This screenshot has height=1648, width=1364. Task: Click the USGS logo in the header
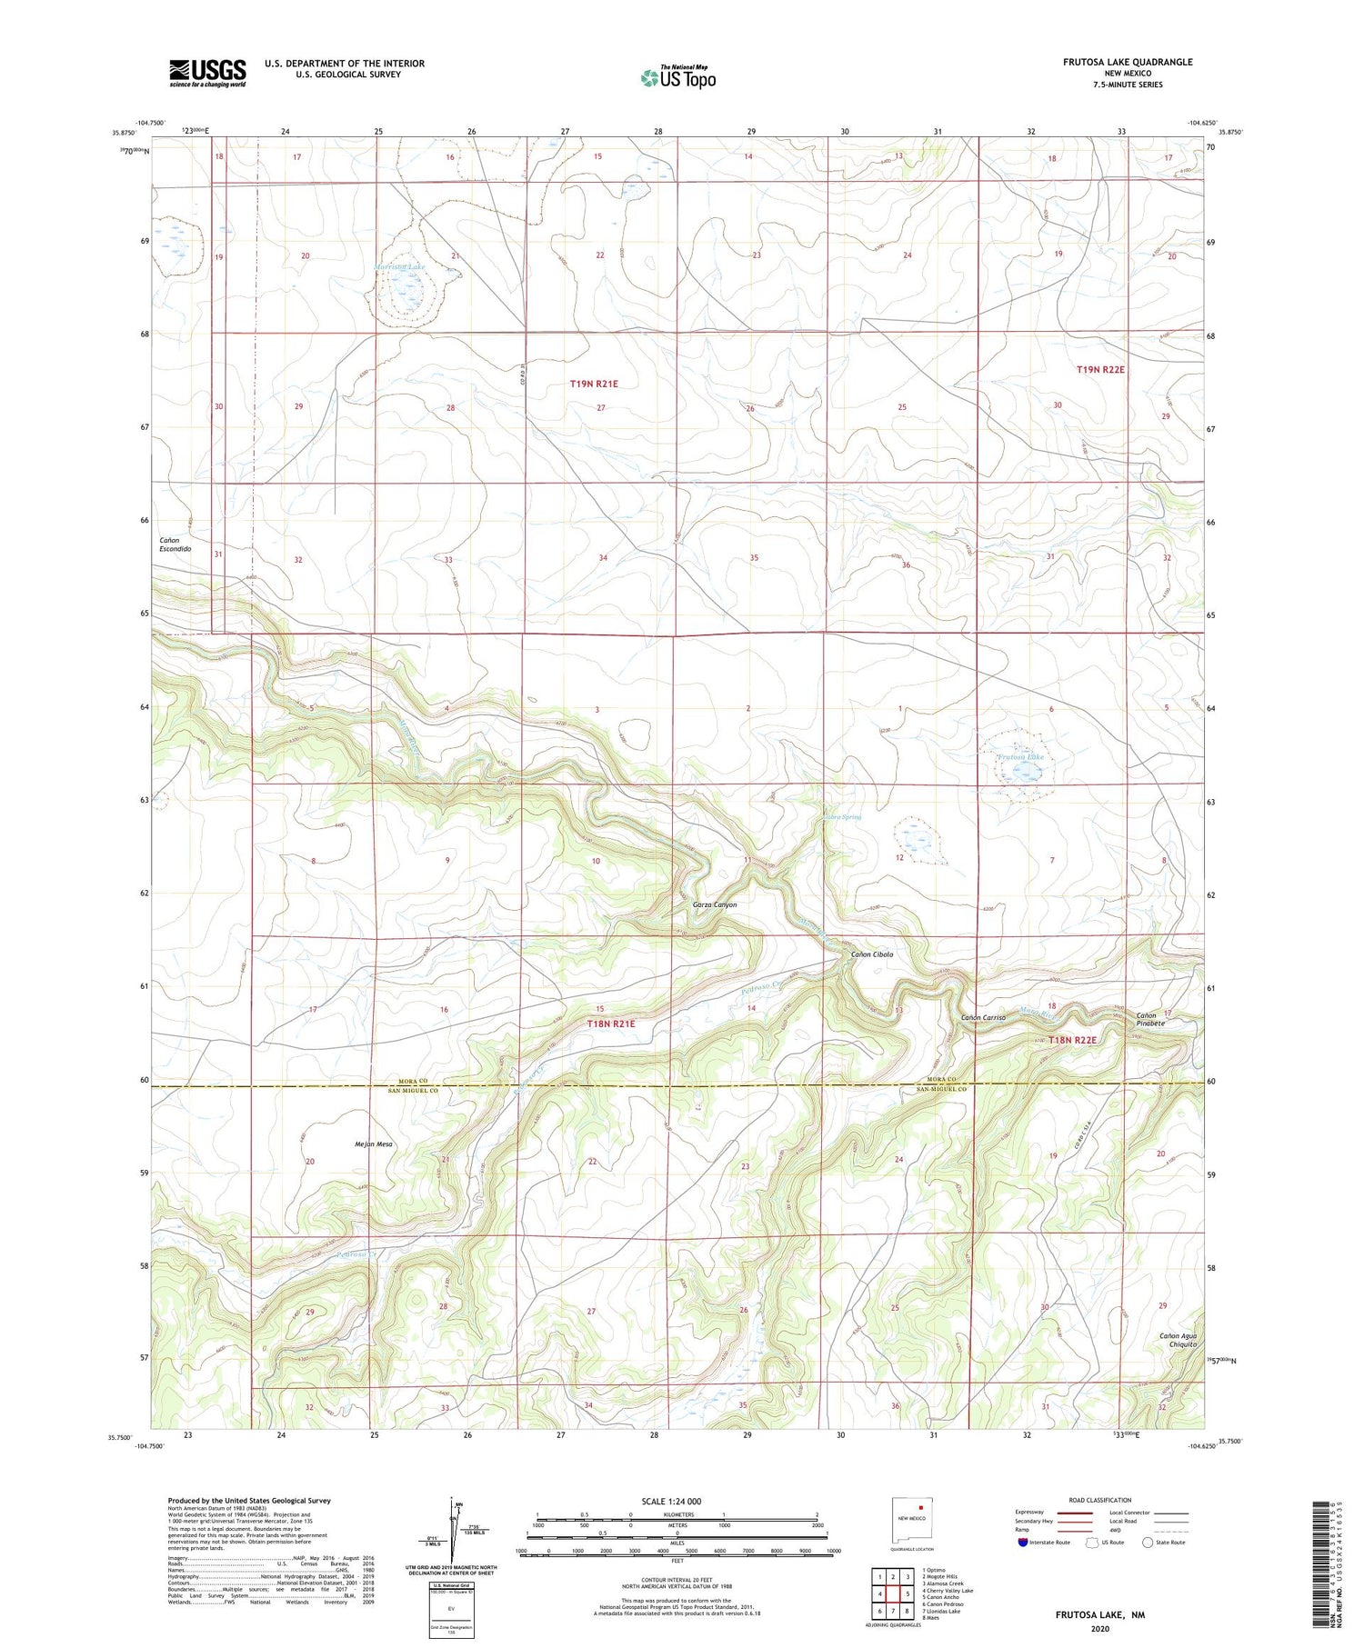(x=207, y=73)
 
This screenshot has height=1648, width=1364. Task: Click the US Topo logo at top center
(x=677, y=77)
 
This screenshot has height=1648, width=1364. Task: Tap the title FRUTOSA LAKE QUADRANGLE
(x=1115, y=62)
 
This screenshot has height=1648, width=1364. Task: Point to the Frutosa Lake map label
(x=1020, y=756)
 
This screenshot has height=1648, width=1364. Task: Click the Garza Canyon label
(x=715, y=904)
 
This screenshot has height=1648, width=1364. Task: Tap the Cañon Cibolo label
(x=871, y=954)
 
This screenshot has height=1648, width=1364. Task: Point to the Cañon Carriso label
(x=983, y=1017)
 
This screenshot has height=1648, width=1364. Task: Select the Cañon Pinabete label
(x=1148, y=1019)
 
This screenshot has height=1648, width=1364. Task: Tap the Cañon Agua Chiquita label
(x=1178, y=1340)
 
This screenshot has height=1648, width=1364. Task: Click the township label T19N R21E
(x=594, y=384)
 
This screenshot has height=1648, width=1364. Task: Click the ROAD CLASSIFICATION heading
(x=1100, y=1500)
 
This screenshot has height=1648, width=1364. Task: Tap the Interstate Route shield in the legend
(x=1023, y=1543)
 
